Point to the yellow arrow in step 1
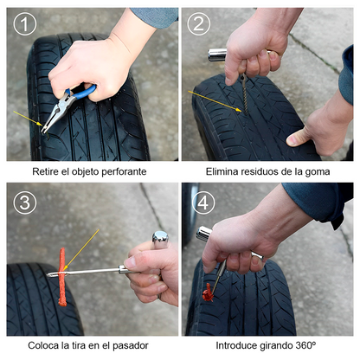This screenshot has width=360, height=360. click(x=28, y=119)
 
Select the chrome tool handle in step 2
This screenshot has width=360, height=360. click(x=216, y=55)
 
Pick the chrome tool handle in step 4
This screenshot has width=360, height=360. click(x=204, y=234)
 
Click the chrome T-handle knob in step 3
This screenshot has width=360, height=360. click(x=160, y=236)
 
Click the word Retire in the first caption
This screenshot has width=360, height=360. click(x=46, y=171)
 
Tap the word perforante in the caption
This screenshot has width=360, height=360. click(x=122, y=171)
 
